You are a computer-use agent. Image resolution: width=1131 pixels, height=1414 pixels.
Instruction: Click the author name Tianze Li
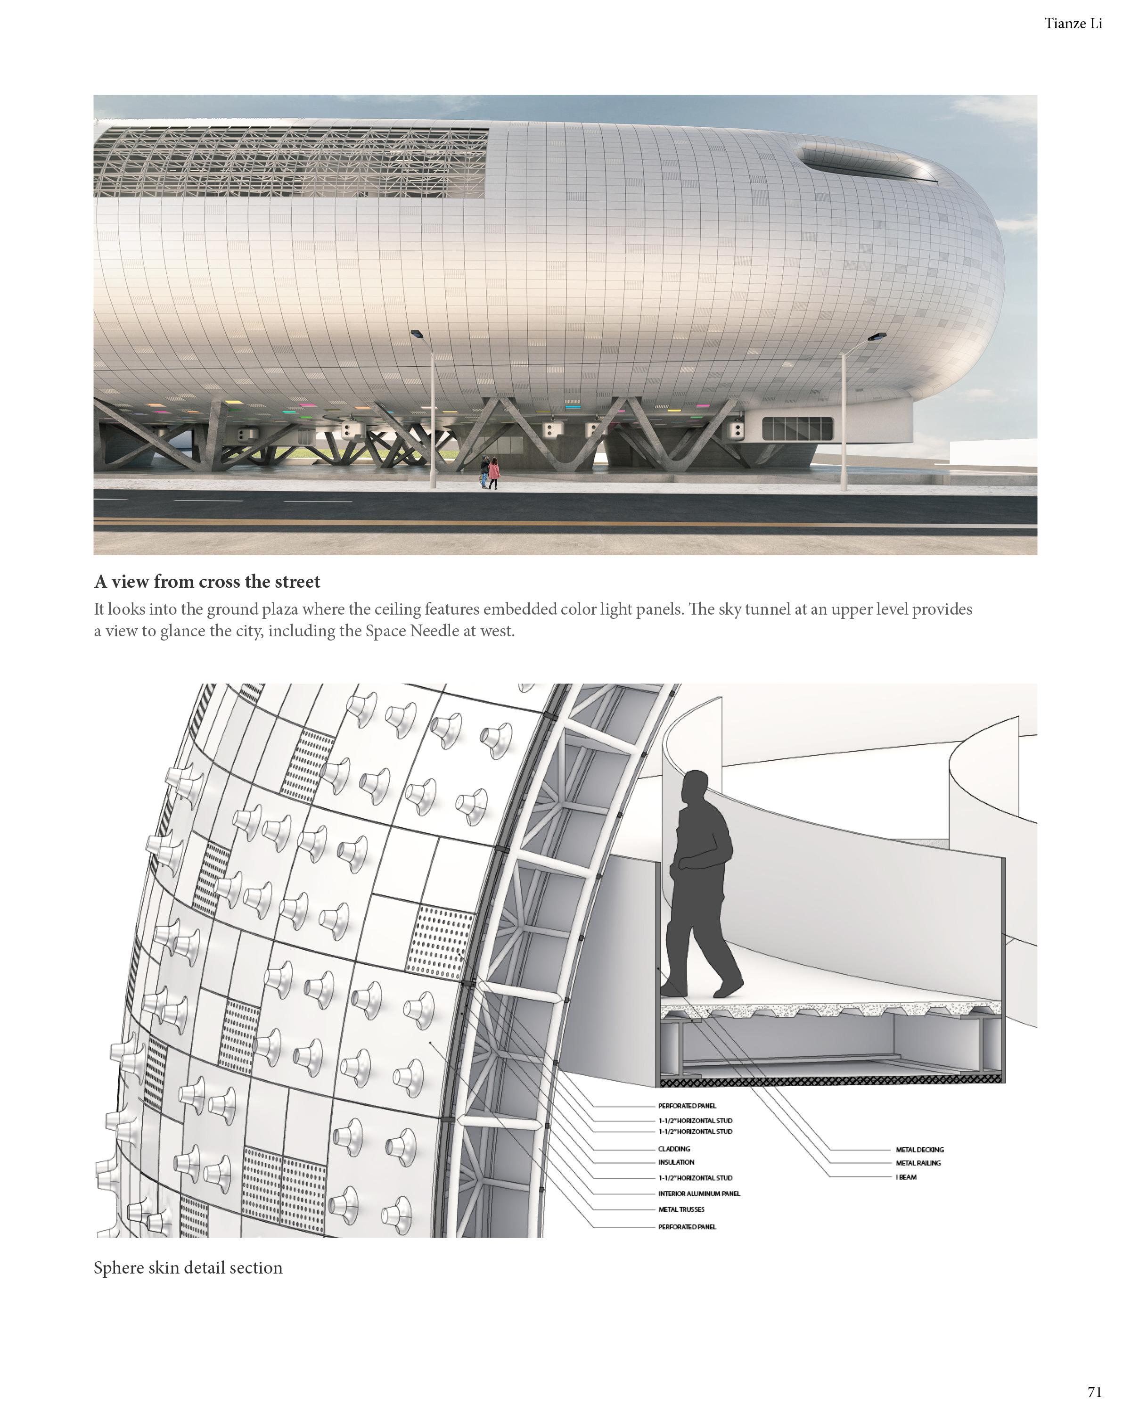coord(1073,24)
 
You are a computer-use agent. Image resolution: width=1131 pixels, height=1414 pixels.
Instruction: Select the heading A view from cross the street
coord(207,582)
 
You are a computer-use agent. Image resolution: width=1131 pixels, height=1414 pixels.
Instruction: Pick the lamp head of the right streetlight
coord(877,337)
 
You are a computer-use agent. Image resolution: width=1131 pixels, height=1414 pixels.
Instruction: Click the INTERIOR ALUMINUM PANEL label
coord(699,1193)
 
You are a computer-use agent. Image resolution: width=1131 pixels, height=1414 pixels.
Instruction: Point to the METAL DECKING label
coord(919,1150)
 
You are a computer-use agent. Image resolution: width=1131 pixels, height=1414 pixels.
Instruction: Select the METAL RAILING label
coord(918,1163)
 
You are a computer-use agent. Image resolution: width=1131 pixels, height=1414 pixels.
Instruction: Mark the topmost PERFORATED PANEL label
coord(687,1106)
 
